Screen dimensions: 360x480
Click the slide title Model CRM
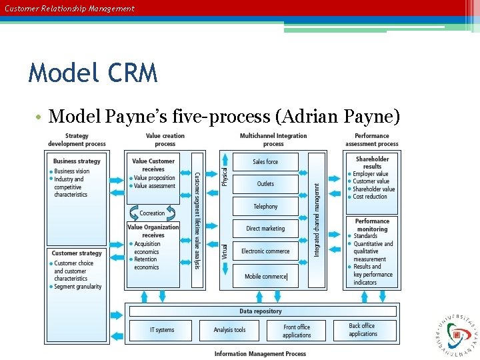tap(93, 72)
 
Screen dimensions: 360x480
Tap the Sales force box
tap(265, 162)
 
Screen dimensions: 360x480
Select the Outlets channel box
tap(265, 184)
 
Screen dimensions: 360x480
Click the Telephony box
tap(265, 207)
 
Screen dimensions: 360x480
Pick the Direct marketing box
tap(265, 229)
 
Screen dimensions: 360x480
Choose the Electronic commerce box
tap(265, 251)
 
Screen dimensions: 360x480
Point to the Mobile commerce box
tap(265, 276)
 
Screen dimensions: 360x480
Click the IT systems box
tap(161, 330)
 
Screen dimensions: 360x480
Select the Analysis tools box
tap(229, 330)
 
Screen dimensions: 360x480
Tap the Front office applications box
tap(297, 331)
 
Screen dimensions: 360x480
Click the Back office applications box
tap(363, 330)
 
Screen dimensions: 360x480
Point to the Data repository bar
tap(261, 311)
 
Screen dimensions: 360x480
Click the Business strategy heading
tap(77, 161)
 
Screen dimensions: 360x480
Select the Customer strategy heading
tap(77, 253)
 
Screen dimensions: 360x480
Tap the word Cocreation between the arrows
tap(152, 213)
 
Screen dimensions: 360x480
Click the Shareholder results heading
tap(372, 163)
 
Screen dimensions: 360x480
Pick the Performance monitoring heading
tap(372, 225)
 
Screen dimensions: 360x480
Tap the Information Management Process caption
tap(260, 354)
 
